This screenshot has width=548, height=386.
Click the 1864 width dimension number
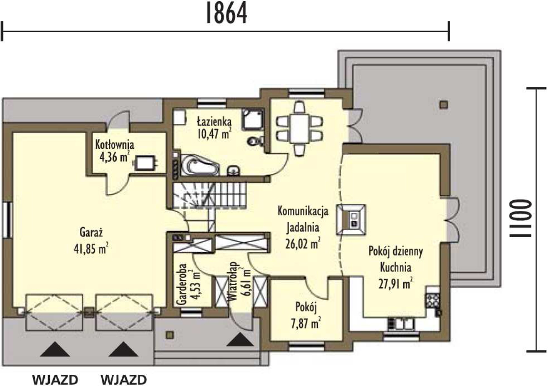227,13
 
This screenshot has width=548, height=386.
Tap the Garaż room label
91,232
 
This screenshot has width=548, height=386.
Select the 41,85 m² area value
91,248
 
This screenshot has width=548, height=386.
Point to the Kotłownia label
115,145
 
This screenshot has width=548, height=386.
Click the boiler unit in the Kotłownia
145,162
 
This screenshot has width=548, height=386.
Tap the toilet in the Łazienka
256,141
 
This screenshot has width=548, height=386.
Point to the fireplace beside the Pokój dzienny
351,220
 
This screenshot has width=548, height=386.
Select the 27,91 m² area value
396,284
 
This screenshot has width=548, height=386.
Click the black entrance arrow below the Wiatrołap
240,340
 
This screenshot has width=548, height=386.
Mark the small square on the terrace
443,105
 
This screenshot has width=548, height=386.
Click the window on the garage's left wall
7,220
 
